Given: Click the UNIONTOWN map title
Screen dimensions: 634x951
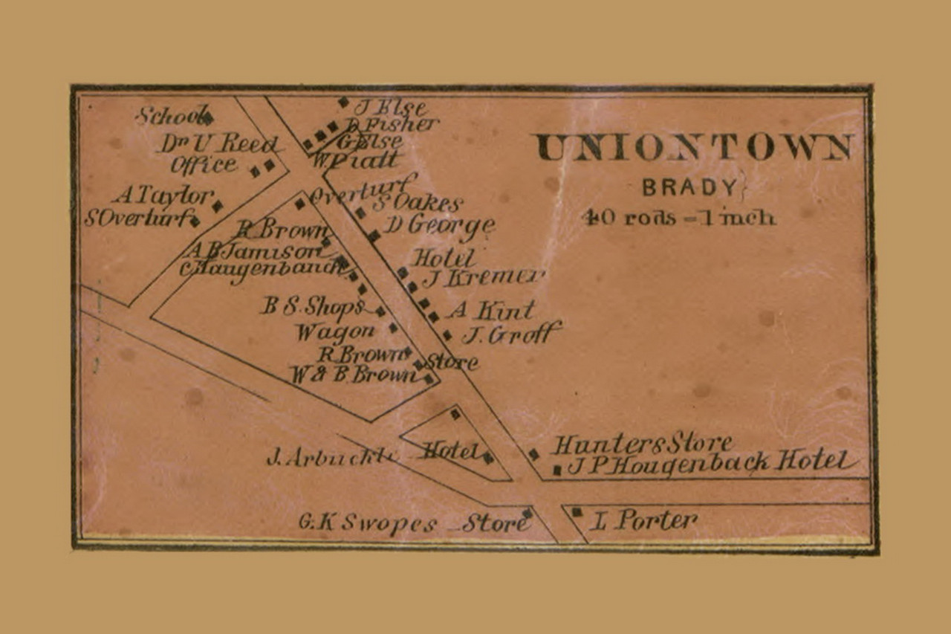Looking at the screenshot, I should [x=694, y=147].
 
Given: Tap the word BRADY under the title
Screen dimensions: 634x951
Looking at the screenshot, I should [x=690, y=187].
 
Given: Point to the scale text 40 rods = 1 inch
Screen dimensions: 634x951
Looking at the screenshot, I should [x=679, y=217].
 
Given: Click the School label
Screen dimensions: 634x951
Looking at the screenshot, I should [x=170, y=115].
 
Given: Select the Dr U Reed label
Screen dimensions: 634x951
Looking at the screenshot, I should [x=217, y=143].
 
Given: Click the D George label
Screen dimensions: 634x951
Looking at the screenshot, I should [x=439, y=224].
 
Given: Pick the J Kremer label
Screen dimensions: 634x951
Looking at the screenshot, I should [x=483, y=278].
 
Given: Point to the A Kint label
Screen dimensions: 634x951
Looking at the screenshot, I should [x=490, y=309].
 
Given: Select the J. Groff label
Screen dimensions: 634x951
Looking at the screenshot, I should [x=511, y=334].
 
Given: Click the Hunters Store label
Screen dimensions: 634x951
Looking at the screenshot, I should [x=642, y=444].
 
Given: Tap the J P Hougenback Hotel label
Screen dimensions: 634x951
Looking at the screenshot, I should [x=710, y=463].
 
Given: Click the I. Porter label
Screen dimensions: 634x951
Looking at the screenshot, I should [x=643, y=520].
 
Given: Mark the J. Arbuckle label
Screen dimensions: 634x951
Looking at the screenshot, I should [x=328, y=456].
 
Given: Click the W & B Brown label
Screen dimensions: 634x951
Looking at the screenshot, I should [x=354, y=375].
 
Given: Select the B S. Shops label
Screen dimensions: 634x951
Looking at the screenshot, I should [x=312, y=305].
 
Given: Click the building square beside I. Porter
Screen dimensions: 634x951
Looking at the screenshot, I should [x=577, y=512].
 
